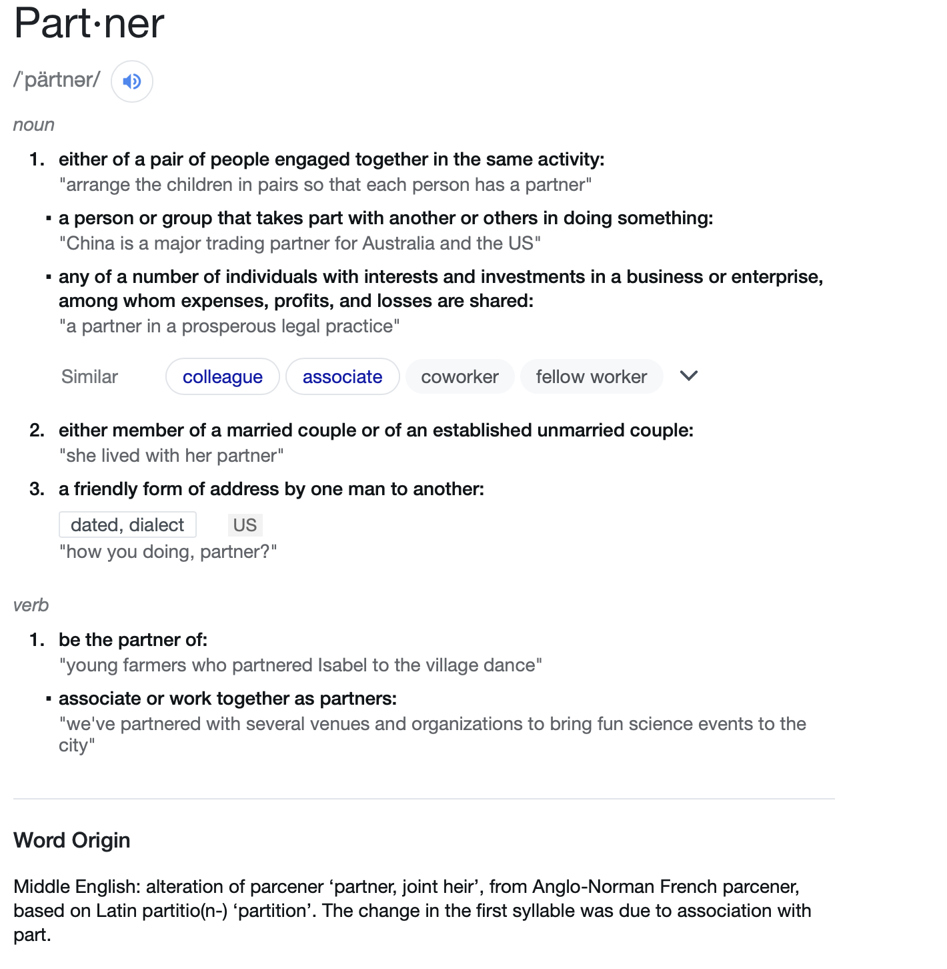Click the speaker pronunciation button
(x=132, y=81)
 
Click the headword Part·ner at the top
(x=89, y=24)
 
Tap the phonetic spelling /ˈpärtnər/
(x=57, y=80)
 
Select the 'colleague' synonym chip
(x=223, y=377)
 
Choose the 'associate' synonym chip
(x=342, y=377)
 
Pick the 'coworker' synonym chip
(x=459, y=377)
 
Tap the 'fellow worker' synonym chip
(x=591, y=377)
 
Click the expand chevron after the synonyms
(x=688, y=376)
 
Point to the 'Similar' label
(x=89, y=377)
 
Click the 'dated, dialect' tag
(x=127, y=525)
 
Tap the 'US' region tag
(x=245, y=525)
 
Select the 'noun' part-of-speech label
(x=34, y=125)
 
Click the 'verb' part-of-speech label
(x=31, y=605)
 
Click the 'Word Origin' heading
(x=72, y=840)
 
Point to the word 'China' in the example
(x=91, y=244)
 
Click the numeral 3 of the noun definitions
(x=36, y=489)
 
